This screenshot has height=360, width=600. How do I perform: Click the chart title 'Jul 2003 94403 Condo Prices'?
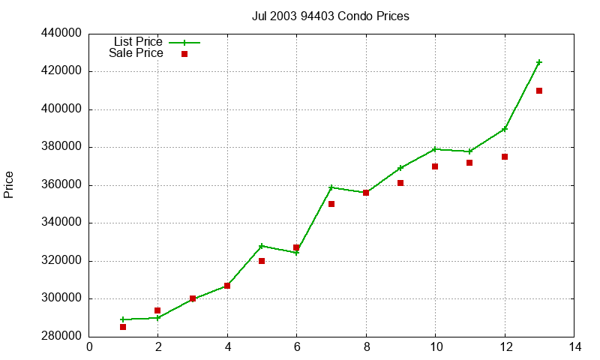point(330,16)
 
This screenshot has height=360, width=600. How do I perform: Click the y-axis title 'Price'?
point(9,184)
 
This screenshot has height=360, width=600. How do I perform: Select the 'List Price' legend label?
point(138,42)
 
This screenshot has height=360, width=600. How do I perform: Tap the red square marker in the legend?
point(184,54)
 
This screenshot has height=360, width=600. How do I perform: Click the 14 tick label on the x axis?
point(574,347)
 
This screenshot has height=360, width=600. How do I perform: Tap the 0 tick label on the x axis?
point(89,347)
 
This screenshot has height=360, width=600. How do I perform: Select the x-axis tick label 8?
point(366,347)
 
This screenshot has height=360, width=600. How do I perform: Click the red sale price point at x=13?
point(539,91)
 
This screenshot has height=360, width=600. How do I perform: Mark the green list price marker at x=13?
point(539,62)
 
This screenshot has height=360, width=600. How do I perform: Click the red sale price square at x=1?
point(123,327)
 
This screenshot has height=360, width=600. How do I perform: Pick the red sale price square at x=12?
point(505,157)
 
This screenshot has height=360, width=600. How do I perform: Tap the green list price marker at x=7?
point(331,187)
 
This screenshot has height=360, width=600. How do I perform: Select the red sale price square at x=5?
point(262,261)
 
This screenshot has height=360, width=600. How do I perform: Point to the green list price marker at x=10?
point(435,149)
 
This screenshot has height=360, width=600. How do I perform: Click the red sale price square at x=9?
point(400,183)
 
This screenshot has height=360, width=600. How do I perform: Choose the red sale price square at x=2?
point(157,310)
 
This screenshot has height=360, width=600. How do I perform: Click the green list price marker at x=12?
point(505,129)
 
